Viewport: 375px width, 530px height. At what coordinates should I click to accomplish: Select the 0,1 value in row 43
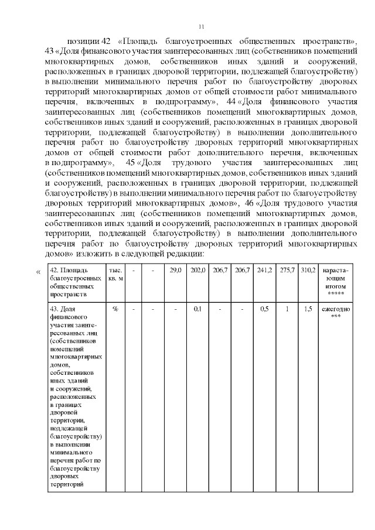[x=198, y=309]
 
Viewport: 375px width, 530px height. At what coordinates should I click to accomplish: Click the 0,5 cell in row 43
[x=264, y=309]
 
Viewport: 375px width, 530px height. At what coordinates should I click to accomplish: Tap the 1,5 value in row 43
[x=308, y=309]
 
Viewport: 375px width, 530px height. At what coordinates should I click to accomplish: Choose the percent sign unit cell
[x=115, y=309]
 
